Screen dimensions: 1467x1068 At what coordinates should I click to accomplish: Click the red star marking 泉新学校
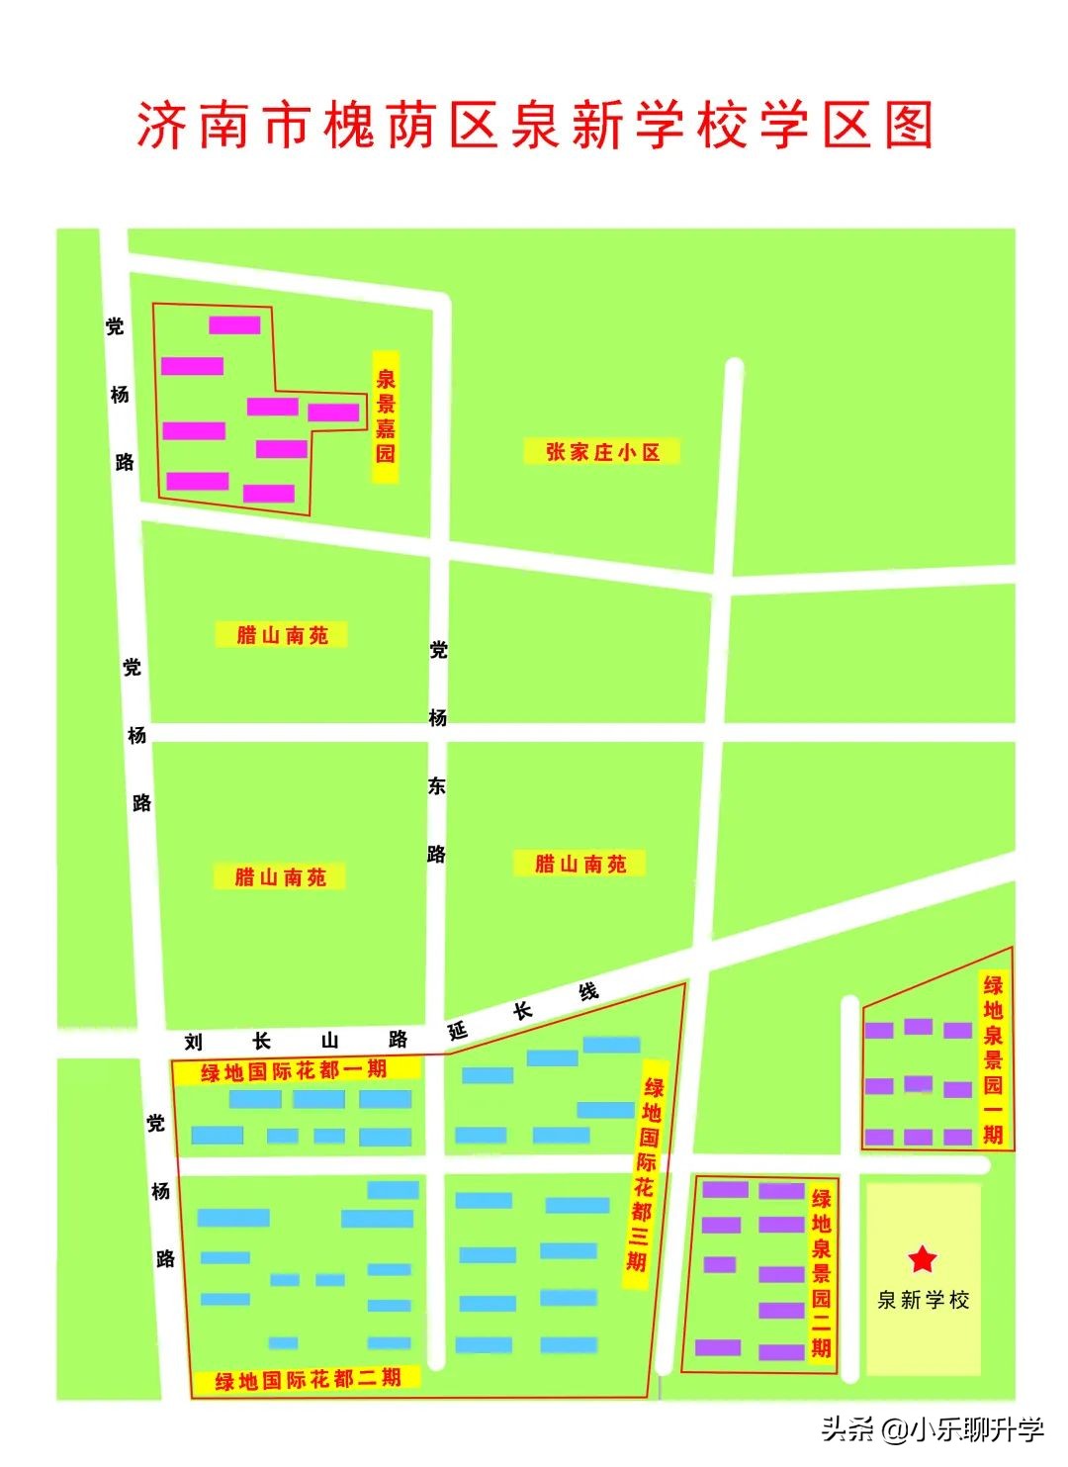coord(922,1258)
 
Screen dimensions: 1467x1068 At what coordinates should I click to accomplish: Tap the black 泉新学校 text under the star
coord(924,1300)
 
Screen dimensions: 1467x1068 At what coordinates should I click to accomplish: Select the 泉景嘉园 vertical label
coord(385,416)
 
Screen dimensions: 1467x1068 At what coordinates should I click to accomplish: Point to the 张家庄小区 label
coord(602,452)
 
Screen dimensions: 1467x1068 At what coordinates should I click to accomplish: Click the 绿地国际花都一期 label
coord(294,1069)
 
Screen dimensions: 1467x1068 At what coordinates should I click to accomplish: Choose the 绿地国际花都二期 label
coord(308,1378)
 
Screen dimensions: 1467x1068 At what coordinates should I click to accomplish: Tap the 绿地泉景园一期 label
coord(993,1059)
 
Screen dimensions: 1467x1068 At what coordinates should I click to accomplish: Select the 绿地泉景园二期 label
coord(821,1272)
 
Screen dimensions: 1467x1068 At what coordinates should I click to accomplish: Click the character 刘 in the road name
coord(193,1042)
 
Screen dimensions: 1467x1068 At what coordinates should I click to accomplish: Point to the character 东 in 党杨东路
coord(437,785)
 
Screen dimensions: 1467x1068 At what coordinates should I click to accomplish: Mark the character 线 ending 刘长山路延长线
coord(589,992)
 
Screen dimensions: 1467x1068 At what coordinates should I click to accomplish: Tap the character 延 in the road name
coord(458,1031)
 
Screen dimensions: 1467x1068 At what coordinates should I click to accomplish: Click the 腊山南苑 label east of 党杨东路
coord(580,864)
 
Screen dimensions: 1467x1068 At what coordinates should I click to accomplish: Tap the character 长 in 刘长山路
coord(262,1041)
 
